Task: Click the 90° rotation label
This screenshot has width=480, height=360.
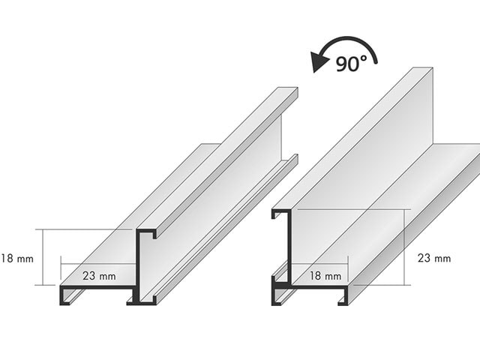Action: [x=351, y=64]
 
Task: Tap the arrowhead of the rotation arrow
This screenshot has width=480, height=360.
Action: [x=319, y=62]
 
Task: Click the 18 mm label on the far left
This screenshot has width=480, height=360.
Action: [x=17, y=259]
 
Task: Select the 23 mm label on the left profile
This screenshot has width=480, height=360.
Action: [x=99, y=276]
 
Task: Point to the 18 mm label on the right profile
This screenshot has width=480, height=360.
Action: [x=325, y=276]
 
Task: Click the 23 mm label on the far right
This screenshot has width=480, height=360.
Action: [x=434, y=258]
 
